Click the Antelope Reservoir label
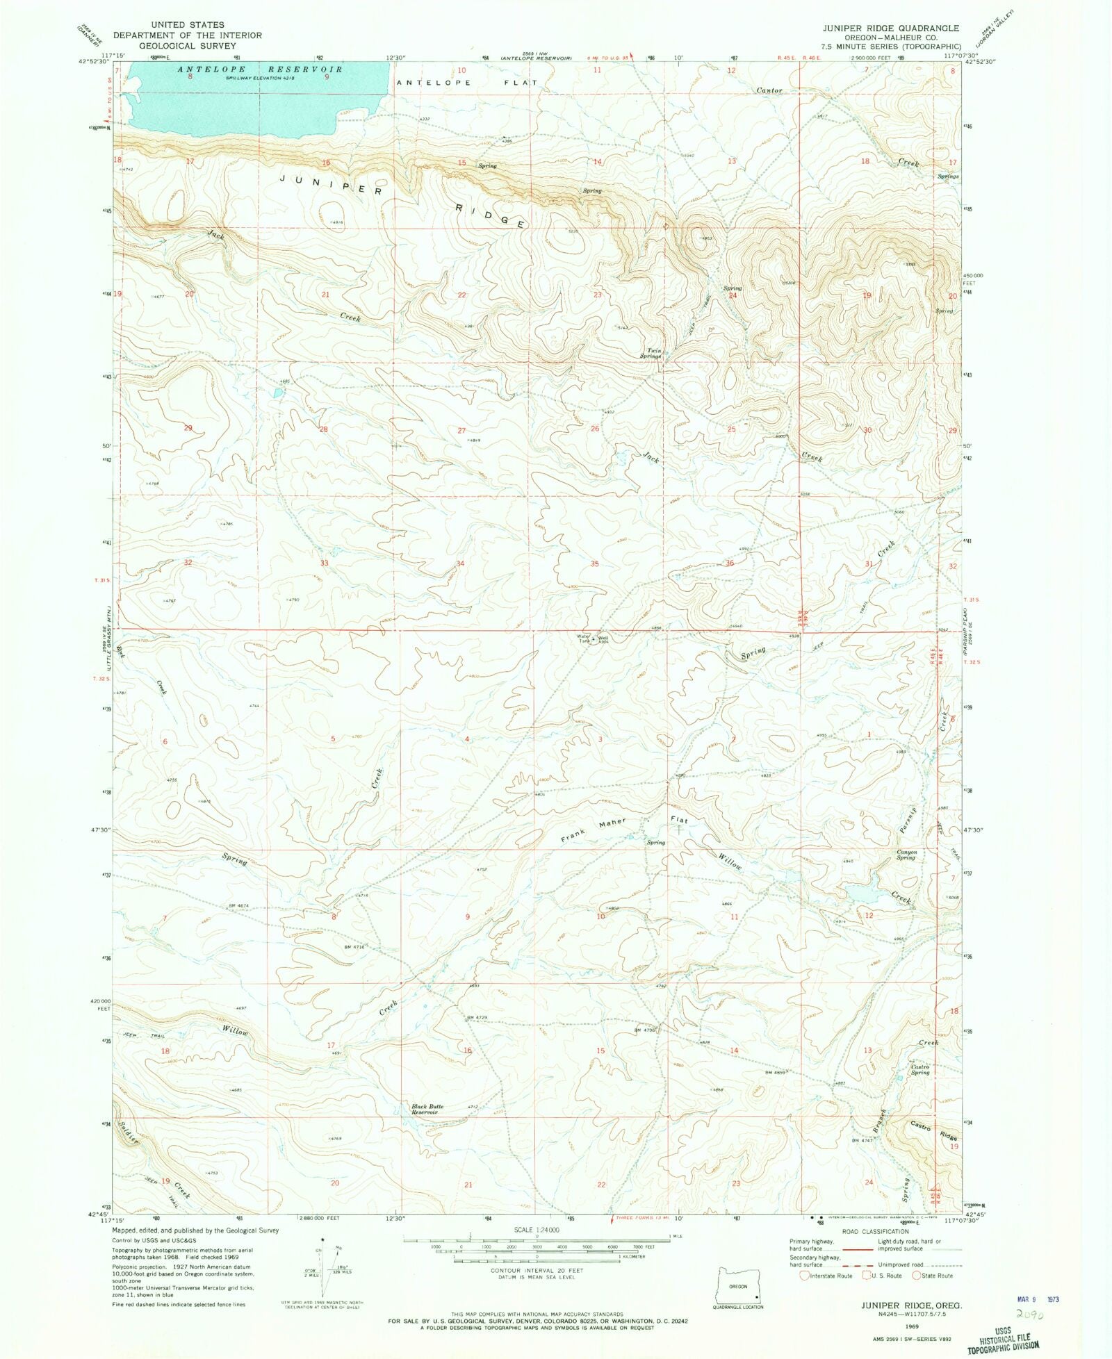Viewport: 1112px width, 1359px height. click(x=261, y=69)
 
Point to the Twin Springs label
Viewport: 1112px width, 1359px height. click(x=651, y=354)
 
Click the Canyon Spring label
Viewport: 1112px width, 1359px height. click(x=906, y=855)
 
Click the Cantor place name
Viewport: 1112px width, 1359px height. click(x=769, y=90)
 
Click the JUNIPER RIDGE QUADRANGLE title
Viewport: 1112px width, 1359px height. click(x=891, y=28)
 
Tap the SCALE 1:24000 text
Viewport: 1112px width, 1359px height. click(x=536, y=1230)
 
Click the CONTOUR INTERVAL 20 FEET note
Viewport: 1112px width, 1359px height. click(x=537, y=1271)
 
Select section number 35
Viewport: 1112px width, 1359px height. click(x=594, y=563)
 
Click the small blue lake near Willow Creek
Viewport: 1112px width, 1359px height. click(x=860, y=893)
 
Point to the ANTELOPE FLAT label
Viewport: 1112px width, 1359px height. click(x=466, y=83)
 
